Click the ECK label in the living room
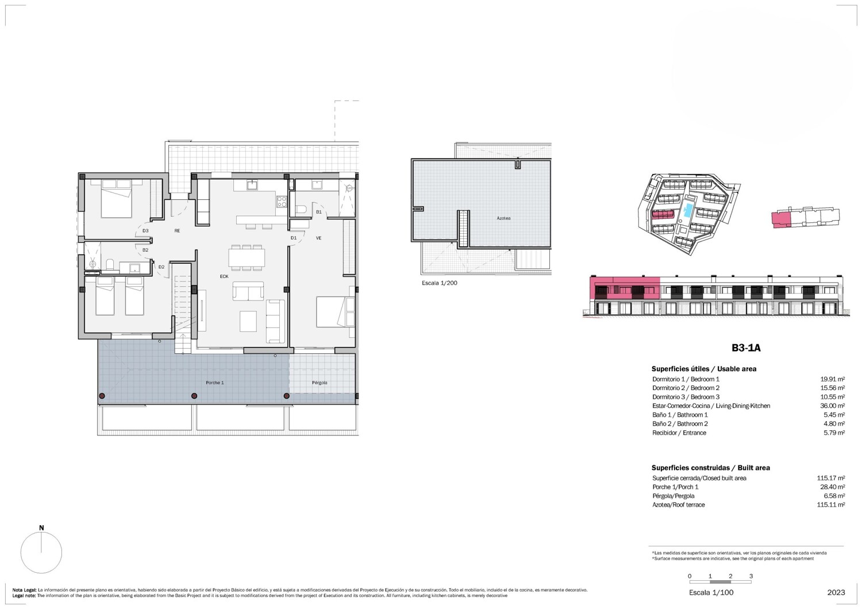pyautogui.click(x=224, y=276)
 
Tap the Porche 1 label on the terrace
pyautogui.click(x=215, y=383)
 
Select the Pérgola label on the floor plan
pyautogui.click(x=320, y=383)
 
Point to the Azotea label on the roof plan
pyautogui.click(x=503, y=218)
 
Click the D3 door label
pyautogui.click(x=145, y=231)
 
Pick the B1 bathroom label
pyautogui.click(x=318, y=212)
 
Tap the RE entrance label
pyautogui.click(x=177, y=231)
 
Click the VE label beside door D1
pyautogui.click(x=318, y=238)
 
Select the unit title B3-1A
pyautogui.click(x=746, y=348)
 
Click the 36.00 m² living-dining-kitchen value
pyautogui.click(x=832, y=406)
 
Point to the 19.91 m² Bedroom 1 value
pyautogui.click(x=832, y=379)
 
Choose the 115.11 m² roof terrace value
pyautogui.click(x=831, y=505)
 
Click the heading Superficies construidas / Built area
pyautogui.click(x=711, y=468)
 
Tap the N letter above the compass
pyautogui.click(x=41, y=528)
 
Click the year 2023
pyautogui.click(x=836, y=592)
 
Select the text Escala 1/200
pyautogui.click(x=440, y=283)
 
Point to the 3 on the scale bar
pyautogui.click(x=751, y=576)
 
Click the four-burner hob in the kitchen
pyautogui.click(x=282, y=202)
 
